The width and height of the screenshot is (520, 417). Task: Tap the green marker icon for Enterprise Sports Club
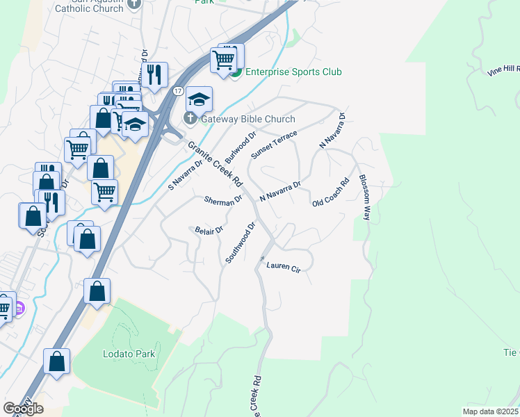coord(236,72)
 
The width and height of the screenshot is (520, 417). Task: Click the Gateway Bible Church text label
coord(248,119)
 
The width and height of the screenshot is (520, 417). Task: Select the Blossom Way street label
coord(364,197)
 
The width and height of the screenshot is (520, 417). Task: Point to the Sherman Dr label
coord(223,200)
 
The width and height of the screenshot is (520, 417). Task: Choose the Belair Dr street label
coord(208,230)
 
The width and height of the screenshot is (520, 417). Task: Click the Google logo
coord(23,409)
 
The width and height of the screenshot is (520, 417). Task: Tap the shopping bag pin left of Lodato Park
coord(56,361)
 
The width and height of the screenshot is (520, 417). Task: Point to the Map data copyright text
coord(491,411)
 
